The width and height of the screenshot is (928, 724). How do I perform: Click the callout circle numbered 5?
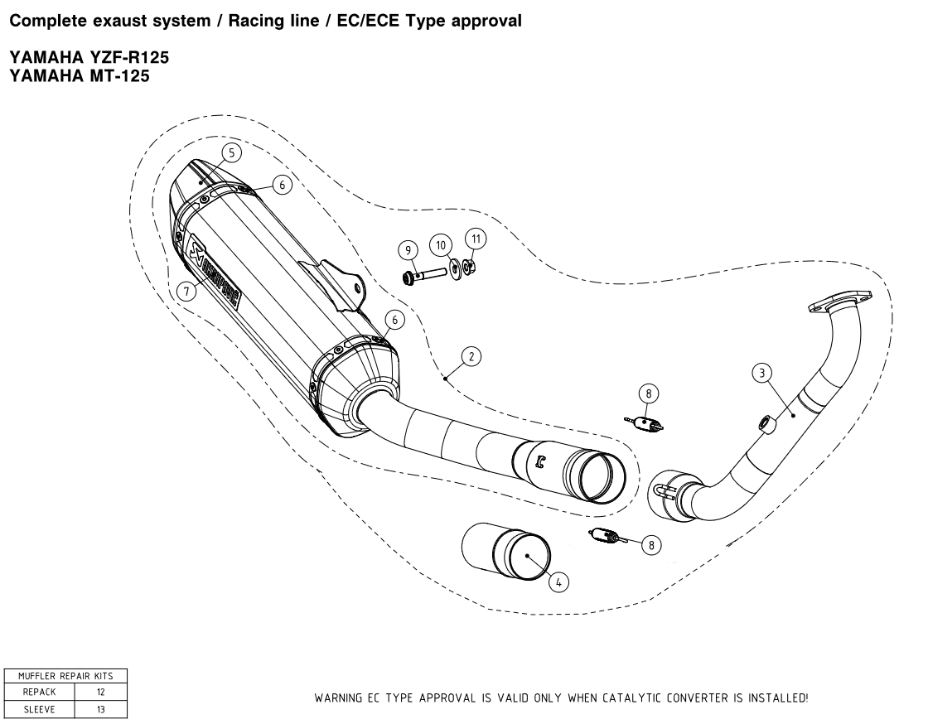231,152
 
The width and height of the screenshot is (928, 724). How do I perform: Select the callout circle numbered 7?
187,290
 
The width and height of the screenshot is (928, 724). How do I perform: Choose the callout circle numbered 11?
475,239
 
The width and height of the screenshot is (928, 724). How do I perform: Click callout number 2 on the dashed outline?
471,357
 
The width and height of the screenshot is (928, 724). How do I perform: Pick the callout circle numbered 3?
763,373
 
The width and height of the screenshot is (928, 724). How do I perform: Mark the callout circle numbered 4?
558,582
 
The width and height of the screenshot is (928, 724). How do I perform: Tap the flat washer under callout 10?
456,268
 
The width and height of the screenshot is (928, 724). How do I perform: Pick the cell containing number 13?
101,709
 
